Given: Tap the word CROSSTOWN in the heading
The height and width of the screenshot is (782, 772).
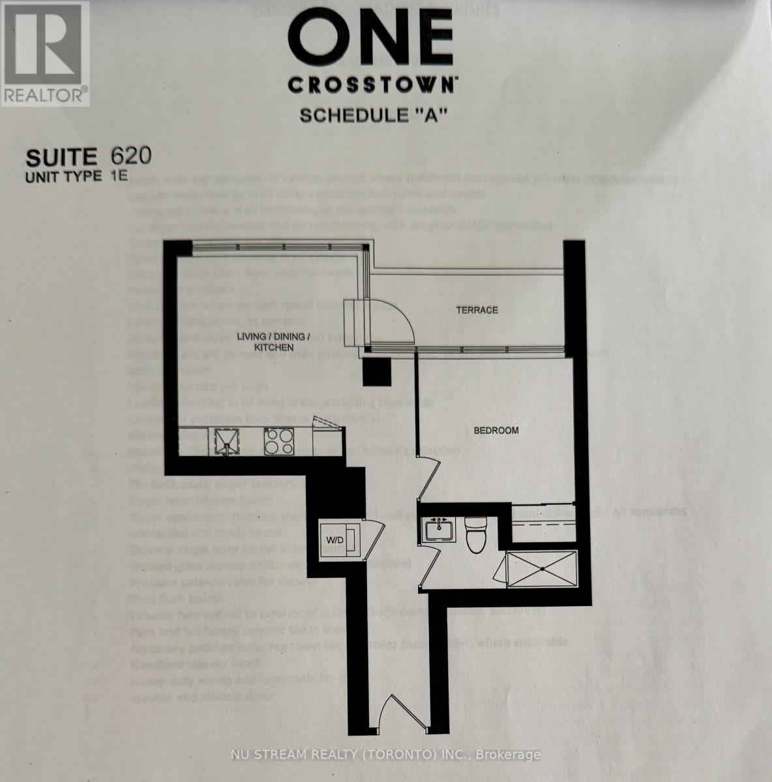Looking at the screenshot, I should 373,85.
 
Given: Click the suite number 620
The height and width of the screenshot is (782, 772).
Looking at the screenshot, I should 131,156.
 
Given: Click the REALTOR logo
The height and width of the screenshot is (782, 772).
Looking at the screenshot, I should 44,53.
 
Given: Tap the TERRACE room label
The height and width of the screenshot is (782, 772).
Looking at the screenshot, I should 477,310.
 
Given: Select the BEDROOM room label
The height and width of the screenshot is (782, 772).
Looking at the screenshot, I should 496,431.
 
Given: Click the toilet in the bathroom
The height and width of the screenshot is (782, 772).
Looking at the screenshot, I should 476,529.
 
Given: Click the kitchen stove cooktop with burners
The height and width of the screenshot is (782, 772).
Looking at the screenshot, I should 280,441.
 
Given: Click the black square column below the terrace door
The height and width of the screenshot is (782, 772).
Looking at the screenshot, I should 376,373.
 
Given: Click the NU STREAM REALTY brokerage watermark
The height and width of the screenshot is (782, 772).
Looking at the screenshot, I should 386,755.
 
